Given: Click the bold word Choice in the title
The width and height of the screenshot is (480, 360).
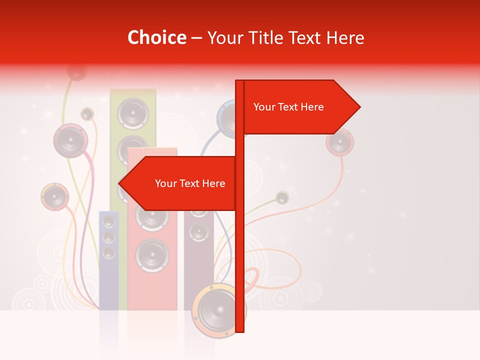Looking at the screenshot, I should [x=156, y=37].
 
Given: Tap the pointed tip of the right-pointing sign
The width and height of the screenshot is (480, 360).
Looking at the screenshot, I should [x=359, y=106].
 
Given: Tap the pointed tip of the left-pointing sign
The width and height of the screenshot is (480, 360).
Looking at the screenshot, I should [x=119, y=183].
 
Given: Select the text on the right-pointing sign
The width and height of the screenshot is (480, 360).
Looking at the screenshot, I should [x=288, y=107].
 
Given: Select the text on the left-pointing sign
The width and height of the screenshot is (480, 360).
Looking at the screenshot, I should [x=190, y=183].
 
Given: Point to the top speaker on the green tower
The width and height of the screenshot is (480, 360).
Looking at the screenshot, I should [x=133, y=113].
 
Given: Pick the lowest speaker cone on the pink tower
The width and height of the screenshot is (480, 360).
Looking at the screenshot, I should [x=152, y=255].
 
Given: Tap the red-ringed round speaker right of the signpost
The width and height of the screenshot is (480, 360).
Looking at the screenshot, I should [x=340, y=142].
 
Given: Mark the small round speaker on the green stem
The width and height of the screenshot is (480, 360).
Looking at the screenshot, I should [x=282, y=197].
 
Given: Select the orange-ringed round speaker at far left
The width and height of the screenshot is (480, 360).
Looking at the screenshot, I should [x=54, y=196].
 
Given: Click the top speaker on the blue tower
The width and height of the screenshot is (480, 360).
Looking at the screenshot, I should [x=108, y=221].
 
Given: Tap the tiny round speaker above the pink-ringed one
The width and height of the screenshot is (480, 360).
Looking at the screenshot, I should [x=87, y=114].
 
